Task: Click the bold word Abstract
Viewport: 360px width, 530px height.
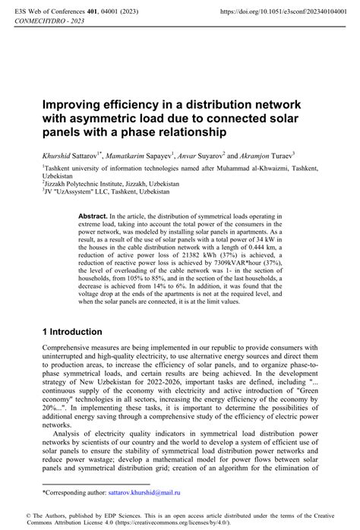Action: pos(93,216)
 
